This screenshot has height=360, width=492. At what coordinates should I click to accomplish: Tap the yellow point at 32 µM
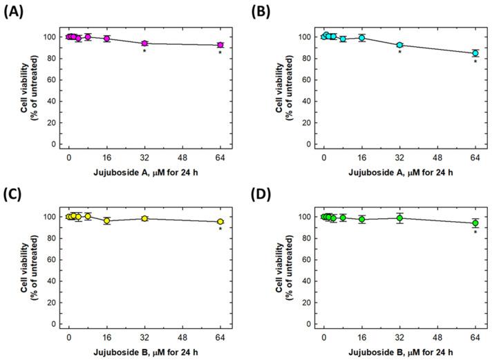click(x=144, y=218)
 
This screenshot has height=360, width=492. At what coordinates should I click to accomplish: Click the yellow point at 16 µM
click(x=106, y=220)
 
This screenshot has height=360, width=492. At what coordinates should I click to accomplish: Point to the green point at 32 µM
click(x=399, y=218)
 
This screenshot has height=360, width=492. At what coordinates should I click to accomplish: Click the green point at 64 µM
click(x=475, y=222)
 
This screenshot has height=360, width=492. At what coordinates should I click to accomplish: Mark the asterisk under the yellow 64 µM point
click(x=220, y=229)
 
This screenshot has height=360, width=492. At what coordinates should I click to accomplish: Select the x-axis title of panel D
click(x=399, y=350)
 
